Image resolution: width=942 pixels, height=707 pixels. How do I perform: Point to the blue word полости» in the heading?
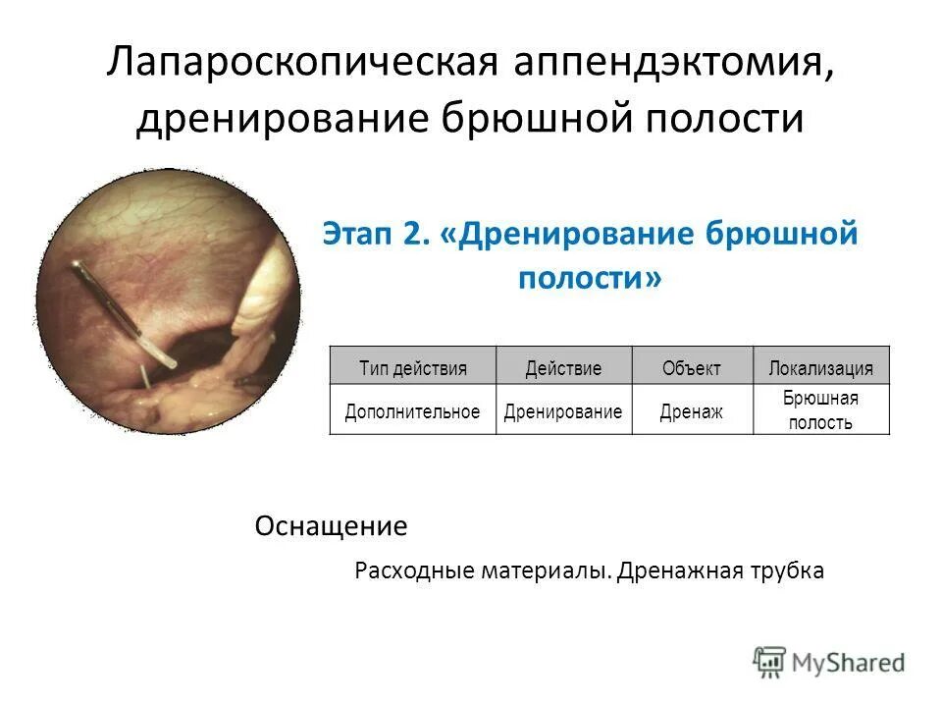589,278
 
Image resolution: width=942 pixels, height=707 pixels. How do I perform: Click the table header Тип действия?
412,368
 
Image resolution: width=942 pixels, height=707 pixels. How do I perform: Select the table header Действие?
563,368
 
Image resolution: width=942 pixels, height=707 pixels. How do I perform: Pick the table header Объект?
691,368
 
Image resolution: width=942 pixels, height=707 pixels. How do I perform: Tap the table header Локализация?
820,368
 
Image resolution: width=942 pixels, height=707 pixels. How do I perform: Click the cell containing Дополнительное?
412,411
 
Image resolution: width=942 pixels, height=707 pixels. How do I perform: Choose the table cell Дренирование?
563,411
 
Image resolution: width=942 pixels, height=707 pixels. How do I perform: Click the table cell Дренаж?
691,411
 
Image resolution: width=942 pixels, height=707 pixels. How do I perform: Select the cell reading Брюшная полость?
820,410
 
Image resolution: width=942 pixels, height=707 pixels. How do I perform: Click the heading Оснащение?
331,527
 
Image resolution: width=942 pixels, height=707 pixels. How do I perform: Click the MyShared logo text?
848,663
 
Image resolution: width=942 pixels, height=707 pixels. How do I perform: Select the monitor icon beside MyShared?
770,661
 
